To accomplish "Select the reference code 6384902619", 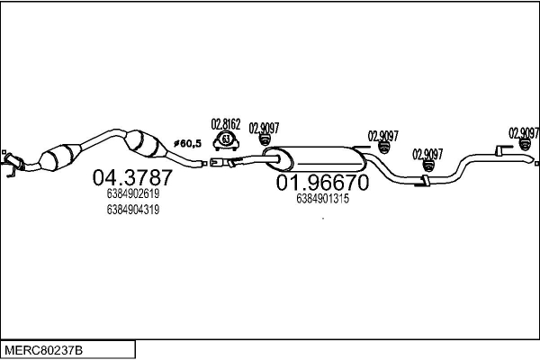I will click(x=132, y=193).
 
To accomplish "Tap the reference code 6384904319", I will click(x=132, y=210).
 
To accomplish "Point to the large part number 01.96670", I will click(x=321, y=184).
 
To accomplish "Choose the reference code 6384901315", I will click(x=321, y=199).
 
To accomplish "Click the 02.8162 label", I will click(x=225, y=124).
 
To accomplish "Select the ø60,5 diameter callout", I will click(x=186, y=142).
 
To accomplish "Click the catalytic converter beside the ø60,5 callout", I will click(x=146, y=144).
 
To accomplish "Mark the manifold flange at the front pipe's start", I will click(x=11, y=163).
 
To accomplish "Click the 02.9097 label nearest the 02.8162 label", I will click(x=263, y=127).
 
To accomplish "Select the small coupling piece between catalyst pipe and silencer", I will click(x=219, y=163).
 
